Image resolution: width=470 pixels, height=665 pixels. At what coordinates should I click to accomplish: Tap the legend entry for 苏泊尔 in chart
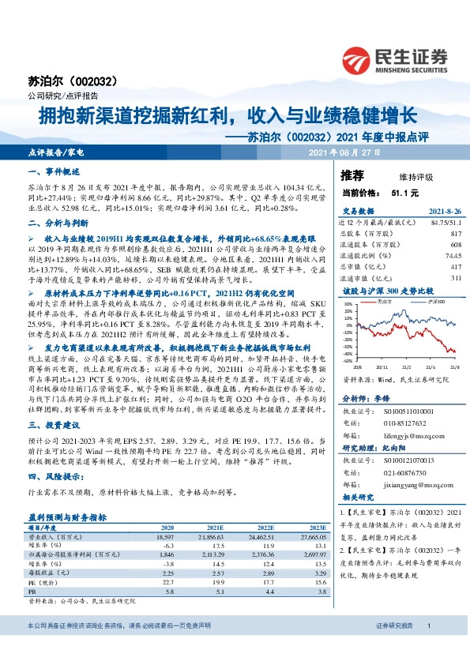[385, 302]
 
